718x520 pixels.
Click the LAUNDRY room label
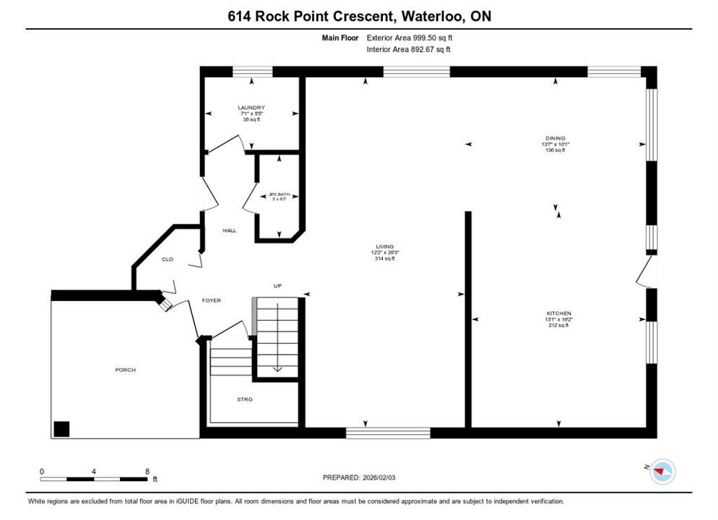[x=251, y=108]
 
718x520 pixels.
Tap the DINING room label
[x=555, y=138]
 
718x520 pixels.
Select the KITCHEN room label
[x=558, y=313]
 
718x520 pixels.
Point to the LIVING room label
[x=385, y=246]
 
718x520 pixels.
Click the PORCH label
[x=125, y=370]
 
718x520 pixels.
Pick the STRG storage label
[x=245, y=399]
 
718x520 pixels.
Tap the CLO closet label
[x=167, y=259]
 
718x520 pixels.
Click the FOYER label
[x=211, y=300]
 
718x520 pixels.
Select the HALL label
[x=230, y=230]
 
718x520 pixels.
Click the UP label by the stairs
[x=276, y=286]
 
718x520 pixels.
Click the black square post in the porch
[x=62, y=428]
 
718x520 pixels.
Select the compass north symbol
[x=661, y=472]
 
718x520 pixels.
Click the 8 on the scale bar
[x=147, y=471]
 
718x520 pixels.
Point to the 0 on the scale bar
[x=42, y=471]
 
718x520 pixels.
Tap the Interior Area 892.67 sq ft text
[x=409, y=49]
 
